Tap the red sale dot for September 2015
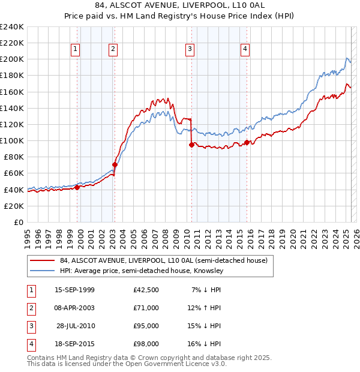pyautogui.click(x=247, y=143)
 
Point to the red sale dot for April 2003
pyautogui.click(x=115, y=164)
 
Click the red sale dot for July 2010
pyautogui.click(x=191, y=145)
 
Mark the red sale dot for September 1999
pyautogui.click(x=77, y=187)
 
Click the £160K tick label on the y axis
pyautogui.click(x=11, y=92)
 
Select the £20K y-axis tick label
pyautogui.click(x=13, y=206)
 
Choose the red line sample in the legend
pyautogui.click(x=43, y=260)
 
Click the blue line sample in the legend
pyautogui.click(x=43, y=271)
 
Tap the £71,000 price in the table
pyautogui.click(x=146, y=307)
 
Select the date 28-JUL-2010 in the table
pyautogui.click(x=76, y=326)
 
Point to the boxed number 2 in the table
pyautogui.click(x=31, y=308)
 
